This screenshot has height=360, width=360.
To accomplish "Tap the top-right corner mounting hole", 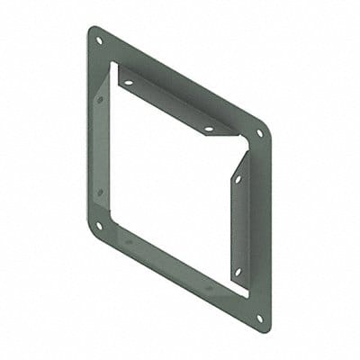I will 260,133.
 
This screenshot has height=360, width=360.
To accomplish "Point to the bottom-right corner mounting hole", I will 260,318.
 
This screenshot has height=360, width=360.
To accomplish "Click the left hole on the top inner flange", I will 128,83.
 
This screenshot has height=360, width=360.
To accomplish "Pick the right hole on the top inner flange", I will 209,129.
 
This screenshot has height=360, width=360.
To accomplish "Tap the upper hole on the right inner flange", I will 238,179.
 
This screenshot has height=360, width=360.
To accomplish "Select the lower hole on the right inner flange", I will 238,270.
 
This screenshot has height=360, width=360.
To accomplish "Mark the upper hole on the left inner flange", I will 100,98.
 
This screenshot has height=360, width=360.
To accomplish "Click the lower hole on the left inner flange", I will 100,192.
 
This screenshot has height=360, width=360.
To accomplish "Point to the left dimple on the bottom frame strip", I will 128,241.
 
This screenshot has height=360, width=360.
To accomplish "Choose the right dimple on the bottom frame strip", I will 209,288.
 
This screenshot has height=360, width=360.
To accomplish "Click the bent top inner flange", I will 171,99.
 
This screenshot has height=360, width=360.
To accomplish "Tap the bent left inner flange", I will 102,144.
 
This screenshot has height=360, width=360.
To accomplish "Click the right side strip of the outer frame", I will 259,225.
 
